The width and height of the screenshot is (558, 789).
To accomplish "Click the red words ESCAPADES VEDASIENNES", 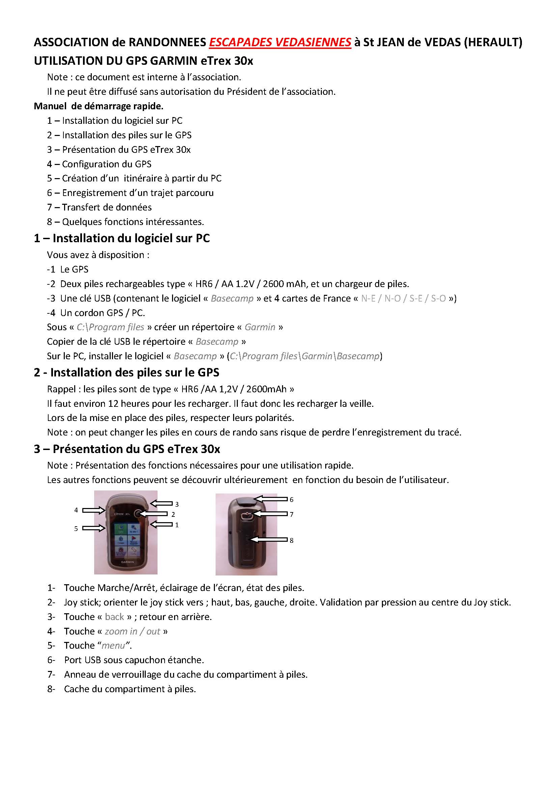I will [x=280, y=42].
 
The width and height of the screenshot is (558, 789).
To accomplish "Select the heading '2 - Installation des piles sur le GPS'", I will [x=127, y=372].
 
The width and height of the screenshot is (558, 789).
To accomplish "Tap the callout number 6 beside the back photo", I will [x=291, y=500].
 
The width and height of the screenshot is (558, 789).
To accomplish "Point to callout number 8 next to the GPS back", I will [x=291, y=540].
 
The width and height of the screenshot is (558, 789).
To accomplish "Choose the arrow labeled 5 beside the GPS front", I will [x=94, y=528].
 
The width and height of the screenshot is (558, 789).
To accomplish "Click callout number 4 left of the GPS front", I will [x=76, y=510].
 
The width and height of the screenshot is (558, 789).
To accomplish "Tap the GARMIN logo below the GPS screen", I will [x=127, y=562].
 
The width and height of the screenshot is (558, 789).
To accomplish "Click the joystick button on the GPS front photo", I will [x=137, y=514].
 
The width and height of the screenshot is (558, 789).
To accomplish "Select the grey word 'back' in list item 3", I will [x=114, y=617].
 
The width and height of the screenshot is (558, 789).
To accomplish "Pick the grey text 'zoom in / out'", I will [x=132, y=631].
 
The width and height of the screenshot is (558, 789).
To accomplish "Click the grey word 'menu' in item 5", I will [x=113, y=646].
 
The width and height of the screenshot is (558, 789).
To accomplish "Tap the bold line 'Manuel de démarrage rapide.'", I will [x=98, y=106].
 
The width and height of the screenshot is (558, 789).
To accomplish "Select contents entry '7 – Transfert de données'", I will [x=99, y=207].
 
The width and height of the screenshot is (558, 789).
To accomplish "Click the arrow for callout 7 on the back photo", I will [x=270, y=514].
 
